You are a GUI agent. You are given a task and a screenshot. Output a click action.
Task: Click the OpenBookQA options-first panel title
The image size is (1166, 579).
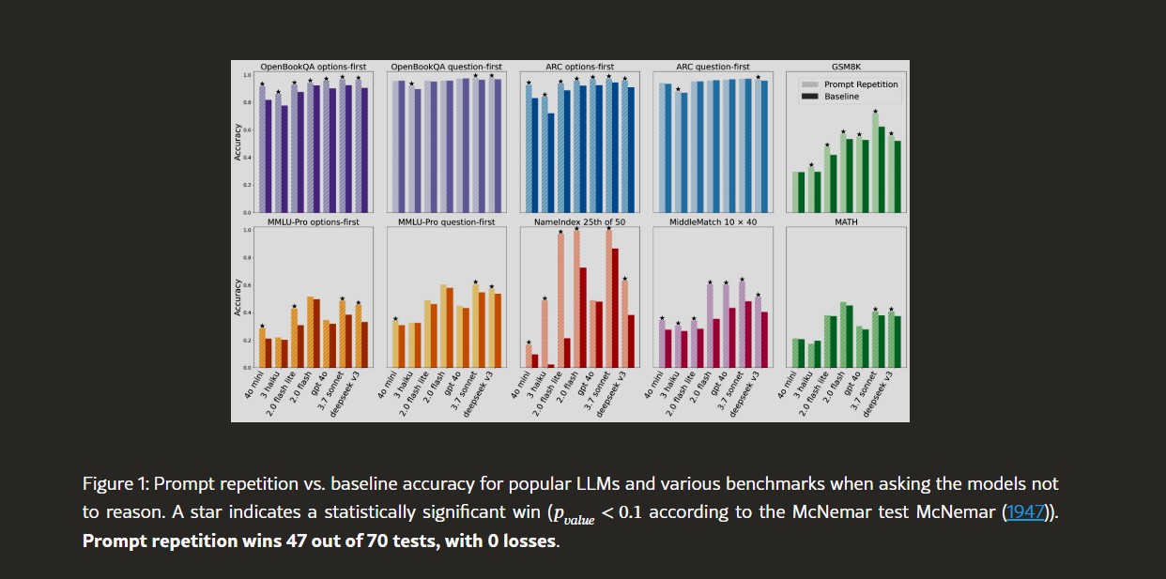(x=313, y=67)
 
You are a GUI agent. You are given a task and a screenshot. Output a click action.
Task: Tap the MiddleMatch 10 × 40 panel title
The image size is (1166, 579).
(x=713, y=222)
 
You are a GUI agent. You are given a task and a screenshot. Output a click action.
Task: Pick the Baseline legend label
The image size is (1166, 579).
(x=841, y=97)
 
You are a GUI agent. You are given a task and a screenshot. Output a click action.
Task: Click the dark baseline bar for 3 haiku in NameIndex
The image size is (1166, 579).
(x=551, y=365)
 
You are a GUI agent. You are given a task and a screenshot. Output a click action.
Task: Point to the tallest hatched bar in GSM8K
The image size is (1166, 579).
(x=876, y=161)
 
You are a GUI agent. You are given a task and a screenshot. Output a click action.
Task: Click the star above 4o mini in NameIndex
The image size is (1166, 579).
(x=529, y=342)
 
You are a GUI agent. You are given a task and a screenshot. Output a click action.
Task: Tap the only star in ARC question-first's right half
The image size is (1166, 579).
(x=759, y=77)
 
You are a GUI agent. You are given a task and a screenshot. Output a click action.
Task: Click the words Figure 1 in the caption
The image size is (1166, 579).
(x=115, y=484)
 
